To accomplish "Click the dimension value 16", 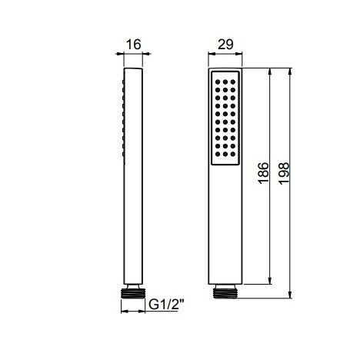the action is pyautogui.click(x=134, y=45).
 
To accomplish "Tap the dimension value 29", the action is pyautogui.click(x=225, y=45).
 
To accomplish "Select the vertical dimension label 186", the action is pyautogui.click(x=264, y=173).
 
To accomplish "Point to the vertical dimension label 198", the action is pyautogui.click(x=284, y=173).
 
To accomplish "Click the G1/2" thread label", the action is pyautogui.click(x=166, y=305).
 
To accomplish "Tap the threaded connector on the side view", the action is pyautogui.click(x=133, y=293).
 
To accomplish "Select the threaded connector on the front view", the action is pyautogui.click(x=225, y=293).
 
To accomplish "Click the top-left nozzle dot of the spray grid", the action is pyautogui.click(x=218, y=82).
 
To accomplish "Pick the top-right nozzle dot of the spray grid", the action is pyautogui.click(x=233, y=82).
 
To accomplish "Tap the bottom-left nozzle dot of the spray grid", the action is pyautogui.click(x=218, y=154).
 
